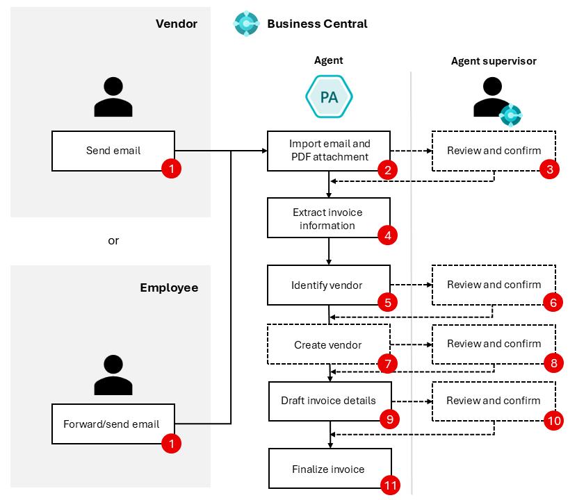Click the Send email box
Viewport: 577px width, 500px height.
(113, 151)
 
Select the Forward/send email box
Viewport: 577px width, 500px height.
(113, 424)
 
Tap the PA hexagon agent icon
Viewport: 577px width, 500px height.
(329, 97)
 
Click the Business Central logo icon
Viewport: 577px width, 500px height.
(246, 24)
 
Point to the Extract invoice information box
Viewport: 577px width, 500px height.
(329, 217)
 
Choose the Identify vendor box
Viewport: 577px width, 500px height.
(329, 285)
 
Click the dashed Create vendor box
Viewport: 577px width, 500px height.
(329, 344)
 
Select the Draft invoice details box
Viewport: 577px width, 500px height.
(330, 401)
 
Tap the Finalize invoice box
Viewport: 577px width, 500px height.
(330, 468)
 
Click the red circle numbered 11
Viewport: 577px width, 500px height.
(390, 485)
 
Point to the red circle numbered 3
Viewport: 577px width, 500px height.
(549, 169)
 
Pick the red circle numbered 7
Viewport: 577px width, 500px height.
(387, 364)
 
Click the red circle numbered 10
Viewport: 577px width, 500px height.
(554, 421)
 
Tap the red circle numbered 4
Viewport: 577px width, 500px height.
(387, 235)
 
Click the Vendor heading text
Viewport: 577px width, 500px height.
(177, 24)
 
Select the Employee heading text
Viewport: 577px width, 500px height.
(169, 287)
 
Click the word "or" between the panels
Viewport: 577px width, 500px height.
(113, 240)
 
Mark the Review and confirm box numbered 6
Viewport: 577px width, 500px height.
(494, 285)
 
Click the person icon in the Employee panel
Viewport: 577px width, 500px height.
(113, 375)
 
